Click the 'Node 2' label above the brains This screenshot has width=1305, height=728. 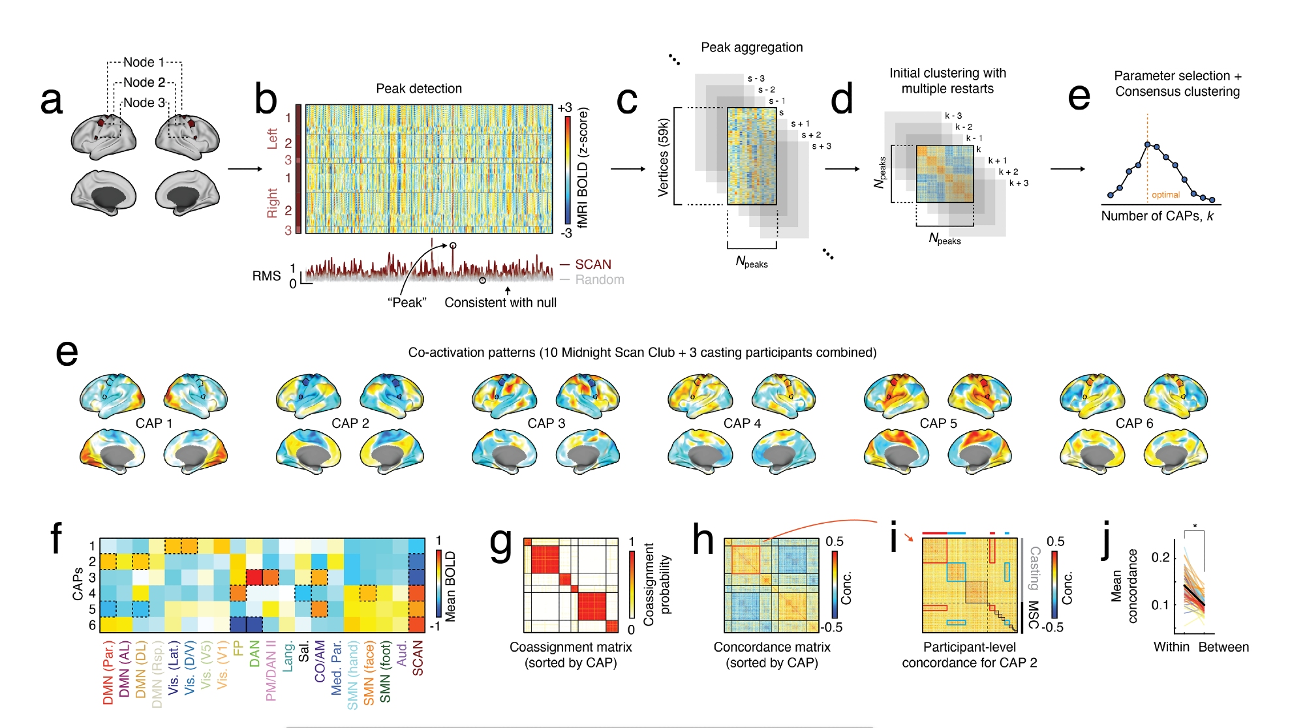[144, 82]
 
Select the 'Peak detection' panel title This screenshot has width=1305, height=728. [419, 89]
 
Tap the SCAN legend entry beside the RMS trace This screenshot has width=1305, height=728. [592, 264]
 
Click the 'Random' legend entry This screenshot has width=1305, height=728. [599, 280]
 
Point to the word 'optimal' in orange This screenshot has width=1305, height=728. [1165, 195]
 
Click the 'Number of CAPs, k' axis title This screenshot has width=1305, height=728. [1157, 216]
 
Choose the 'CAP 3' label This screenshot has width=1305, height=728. [546, 423]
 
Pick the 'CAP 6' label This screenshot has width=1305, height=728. [1134, 423]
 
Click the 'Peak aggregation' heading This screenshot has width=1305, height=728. [752, 48]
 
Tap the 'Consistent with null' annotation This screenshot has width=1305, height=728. [500, 303]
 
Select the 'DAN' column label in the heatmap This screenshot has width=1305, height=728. [255, 653]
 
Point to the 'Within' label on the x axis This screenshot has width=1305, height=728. [1171, 647]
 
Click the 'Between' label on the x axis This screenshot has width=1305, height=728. [1223, 647]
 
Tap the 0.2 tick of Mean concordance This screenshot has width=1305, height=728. [1160, 557]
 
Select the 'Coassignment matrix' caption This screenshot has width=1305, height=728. [570, 647]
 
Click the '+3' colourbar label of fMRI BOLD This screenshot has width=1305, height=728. [564, 108]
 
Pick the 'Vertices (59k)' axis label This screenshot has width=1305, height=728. [664, 157]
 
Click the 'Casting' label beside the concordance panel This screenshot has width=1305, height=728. [1035, 568]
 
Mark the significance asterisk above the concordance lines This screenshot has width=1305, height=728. [1195, 526]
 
